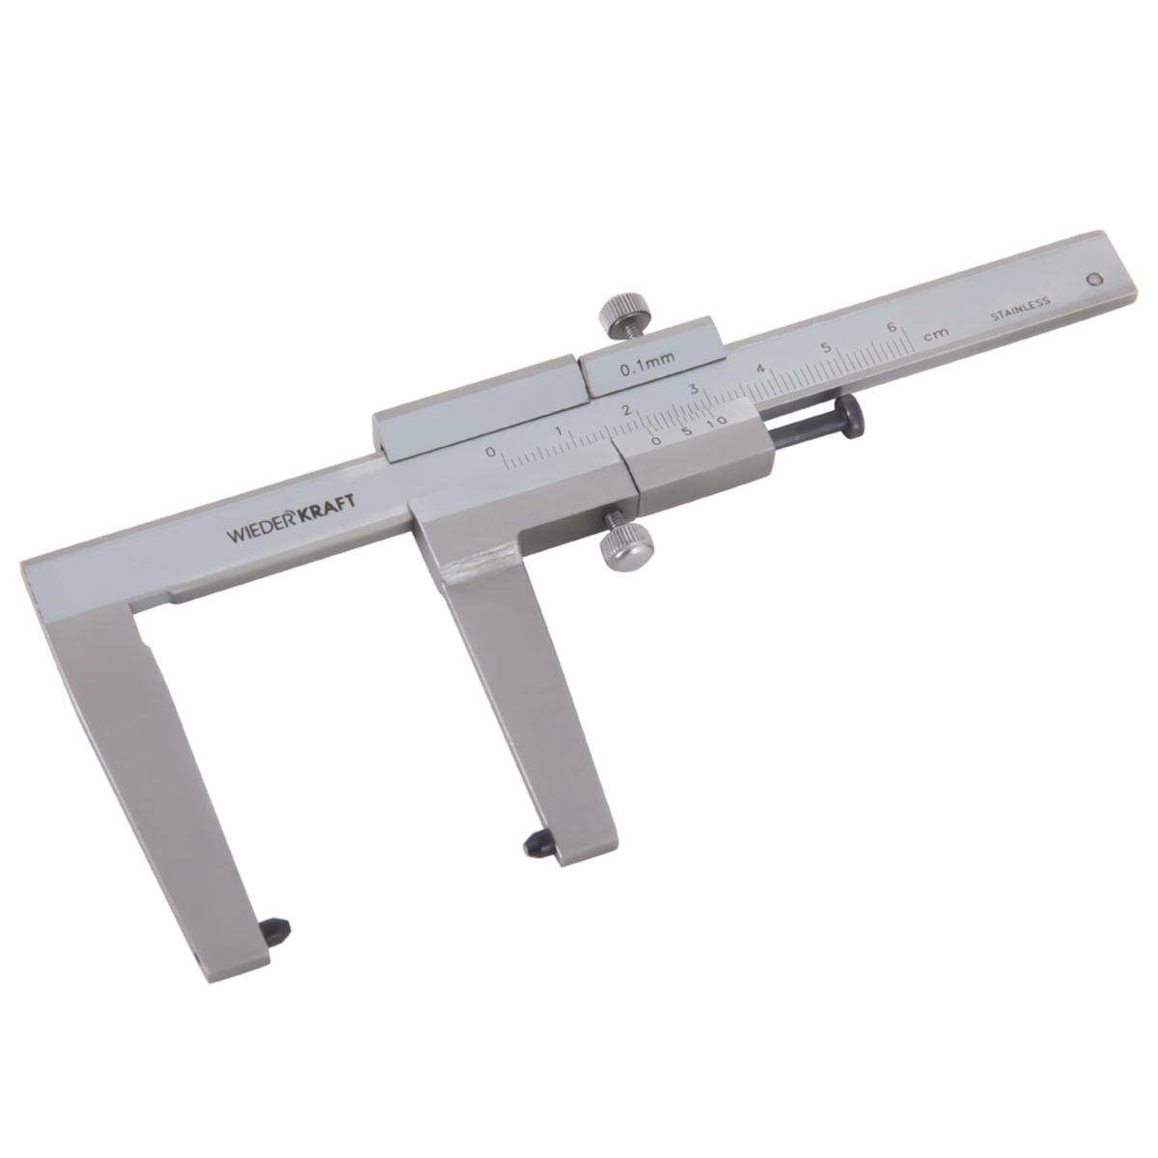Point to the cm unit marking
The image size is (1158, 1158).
pos(936,335)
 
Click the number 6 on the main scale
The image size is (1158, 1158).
pos(892,327)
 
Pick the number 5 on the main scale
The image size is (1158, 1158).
pos(826,347)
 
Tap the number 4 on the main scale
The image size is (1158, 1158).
pos(760,368)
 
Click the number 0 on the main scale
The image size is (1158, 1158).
pos(491,451)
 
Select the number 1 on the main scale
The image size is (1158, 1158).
pos(559,430)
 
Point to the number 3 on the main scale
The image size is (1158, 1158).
pos(694,388)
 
